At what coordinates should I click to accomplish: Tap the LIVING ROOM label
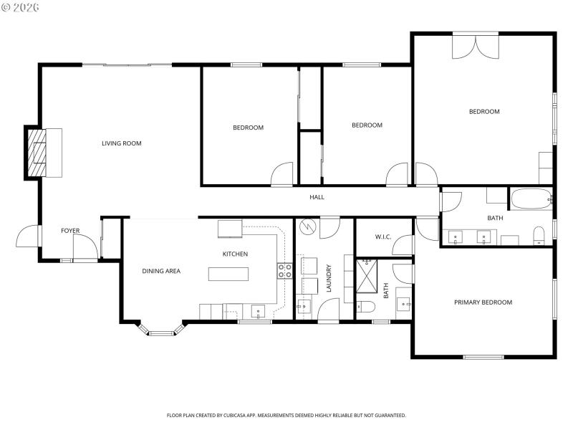click(x=121, y=143)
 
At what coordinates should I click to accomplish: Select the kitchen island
click(x=228, y=274)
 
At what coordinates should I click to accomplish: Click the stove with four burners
click(x=284, y=270)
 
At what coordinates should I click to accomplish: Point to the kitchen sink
click(x=259, y=311)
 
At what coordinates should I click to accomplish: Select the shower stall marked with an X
click(x=370, y=276)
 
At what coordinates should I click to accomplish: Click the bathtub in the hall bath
click(x=531, y=199)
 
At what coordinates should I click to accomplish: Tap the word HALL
click(x=317, y=197)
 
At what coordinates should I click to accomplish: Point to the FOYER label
click(x=70, y=231)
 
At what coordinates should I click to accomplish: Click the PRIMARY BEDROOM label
click(x=483, y=302)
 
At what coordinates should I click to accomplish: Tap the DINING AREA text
click(x=161, y=271)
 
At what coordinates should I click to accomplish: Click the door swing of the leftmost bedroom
click(x=282, y=173)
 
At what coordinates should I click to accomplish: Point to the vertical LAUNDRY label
click(x=329, y=279)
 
